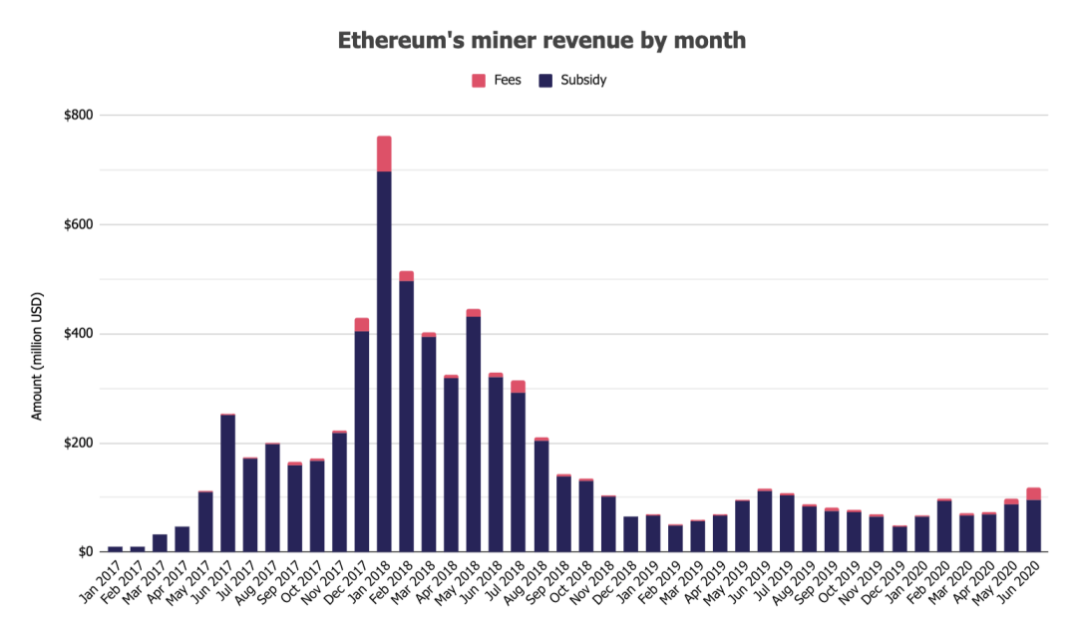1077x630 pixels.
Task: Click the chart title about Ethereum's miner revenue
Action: pyautogui.click(x=541, y=41)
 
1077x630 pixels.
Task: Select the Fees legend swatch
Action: pyautogui.click(x=479, y=80)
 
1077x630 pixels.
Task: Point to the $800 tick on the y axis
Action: pyautogui.click(x=79, y=116)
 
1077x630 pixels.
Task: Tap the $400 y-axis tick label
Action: pyautogui.click(x=79, y=334)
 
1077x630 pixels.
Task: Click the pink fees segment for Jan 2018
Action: pyautogui.click(x=384, y=154)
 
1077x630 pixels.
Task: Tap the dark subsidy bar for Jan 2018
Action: pyautogui.click(x=384, y=359)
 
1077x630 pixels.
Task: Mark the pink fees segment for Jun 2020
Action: pyautogui.click(x=1033, y=493)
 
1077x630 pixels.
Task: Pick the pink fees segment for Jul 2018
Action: pyautogui.click(x=519, y=387)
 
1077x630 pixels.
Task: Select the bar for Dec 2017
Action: pyautogui.click(x=362, y=439)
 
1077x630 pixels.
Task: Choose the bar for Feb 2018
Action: pyautogui.click(x=407, y=414)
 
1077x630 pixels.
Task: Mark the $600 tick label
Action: pyautogui.click(x=79, y=224)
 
